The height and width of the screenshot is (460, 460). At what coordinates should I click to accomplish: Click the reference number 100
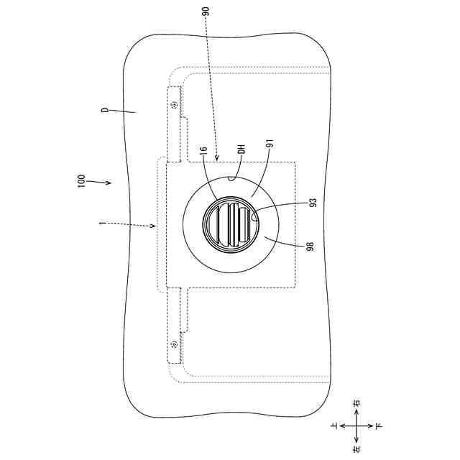(81, 181)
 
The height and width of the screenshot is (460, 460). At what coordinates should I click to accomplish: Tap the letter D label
(105, 110)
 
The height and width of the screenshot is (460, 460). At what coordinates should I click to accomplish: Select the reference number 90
(206, 11)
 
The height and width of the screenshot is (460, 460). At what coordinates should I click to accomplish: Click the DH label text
(241, 149)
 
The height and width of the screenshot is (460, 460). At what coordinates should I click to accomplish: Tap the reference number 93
(313, 203)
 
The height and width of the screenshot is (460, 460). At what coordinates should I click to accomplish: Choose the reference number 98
(310, 247)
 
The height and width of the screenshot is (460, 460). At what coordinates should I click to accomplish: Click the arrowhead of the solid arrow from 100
(109, 183)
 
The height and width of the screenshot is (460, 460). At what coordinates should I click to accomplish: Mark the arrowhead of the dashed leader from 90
(216, 158)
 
